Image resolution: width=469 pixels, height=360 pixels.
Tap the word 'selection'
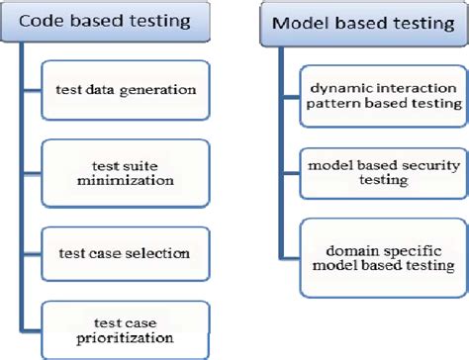(x=162, y=253)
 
